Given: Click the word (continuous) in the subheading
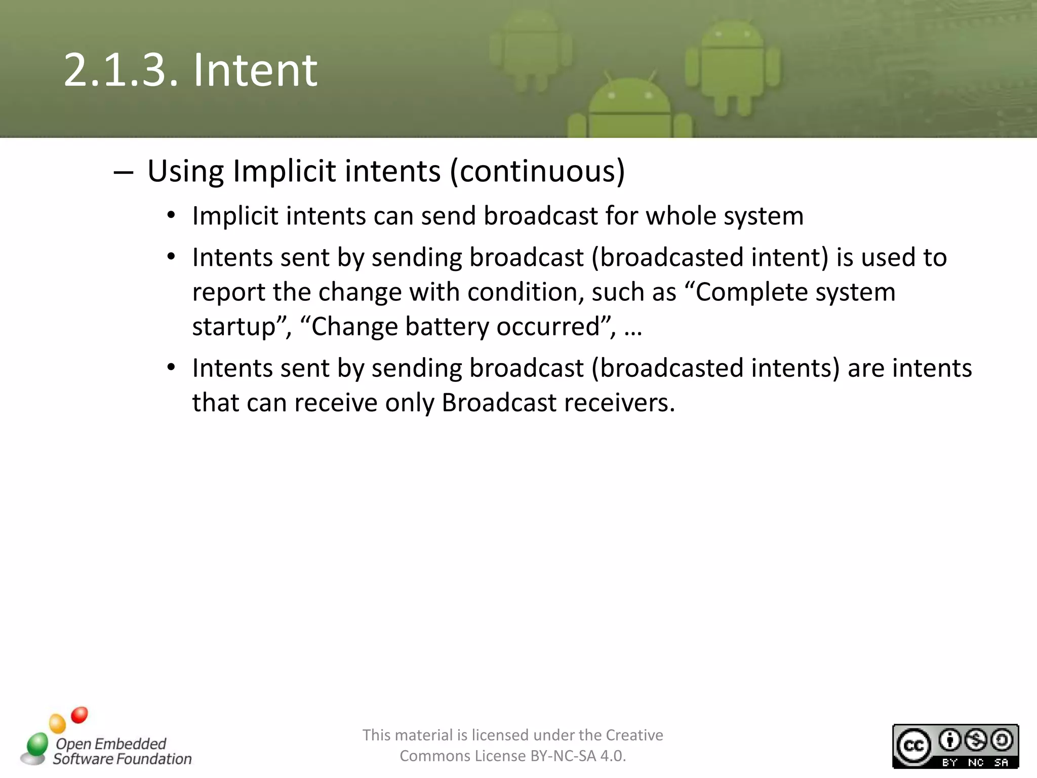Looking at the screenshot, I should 537,171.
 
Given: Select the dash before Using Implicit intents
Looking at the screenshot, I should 124,173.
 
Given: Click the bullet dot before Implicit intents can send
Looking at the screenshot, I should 171,216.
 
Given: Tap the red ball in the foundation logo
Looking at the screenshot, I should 79,715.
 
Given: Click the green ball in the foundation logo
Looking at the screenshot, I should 37,744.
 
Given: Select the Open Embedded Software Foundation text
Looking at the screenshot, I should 122,751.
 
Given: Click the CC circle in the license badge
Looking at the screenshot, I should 913,746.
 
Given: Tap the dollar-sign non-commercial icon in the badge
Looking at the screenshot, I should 975,741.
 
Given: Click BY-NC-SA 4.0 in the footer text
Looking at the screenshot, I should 577,756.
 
